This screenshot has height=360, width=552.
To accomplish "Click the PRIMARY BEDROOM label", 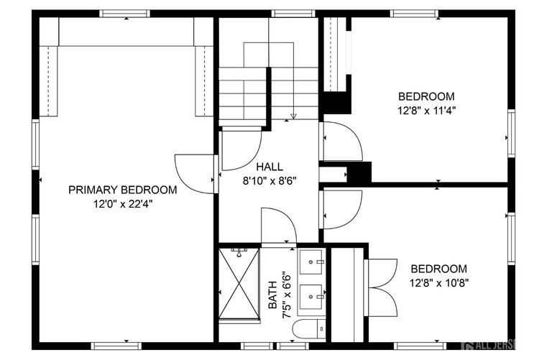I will (x=122, y=190).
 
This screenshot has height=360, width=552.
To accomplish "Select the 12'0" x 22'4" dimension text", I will (x=122, y=203).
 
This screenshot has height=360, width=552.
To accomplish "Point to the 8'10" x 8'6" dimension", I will (x=270, y=180).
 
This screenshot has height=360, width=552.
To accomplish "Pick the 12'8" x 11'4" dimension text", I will (x=427, y=110).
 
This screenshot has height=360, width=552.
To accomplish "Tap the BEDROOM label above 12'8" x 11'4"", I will (x=427, y=96).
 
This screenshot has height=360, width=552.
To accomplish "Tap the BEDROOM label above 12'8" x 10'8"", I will (x=438, y=269).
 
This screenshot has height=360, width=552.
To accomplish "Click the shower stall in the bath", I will (x=239, y=283).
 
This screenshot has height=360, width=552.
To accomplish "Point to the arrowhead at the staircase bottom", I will (x=293, y=115).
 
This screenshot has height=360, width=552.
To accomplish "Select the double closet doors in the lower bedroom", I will (x=382, y=287).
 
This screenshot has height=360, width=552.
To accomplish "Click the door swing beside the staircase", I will (x=240, y=148).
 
